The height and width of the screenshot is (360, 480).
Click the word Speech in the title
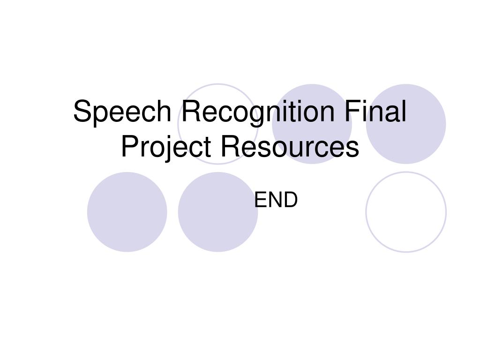click(123, 113)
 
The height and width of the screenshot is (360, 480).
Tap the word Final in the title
click(375, 112)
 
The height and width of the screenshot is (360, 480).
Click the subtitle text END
click(276, 200)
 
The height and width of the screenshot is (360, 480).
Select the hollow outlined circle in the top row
click(217, 89)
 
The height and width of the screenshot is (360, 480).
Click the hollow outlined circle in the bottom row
click(406, 212)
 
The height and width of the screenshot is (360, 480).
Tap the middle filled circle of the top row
click(312, 94)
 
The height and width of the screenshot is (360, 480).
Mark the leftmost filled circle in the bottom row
click(127, 212)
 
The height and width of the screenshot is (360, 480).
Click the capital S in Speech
click(82, 112)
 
